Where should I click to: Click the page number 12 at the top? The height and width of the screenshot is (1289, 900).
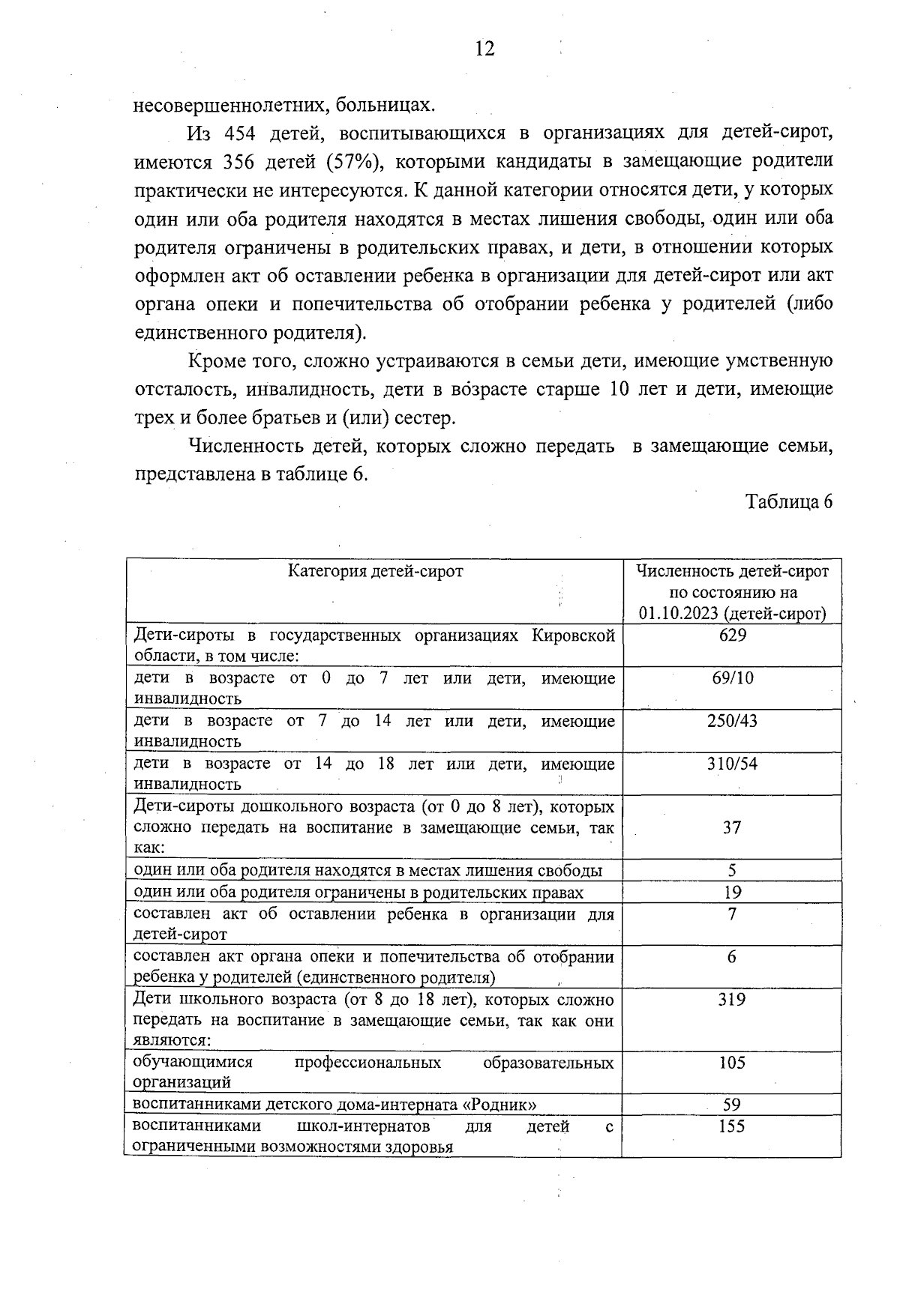pos(484,49)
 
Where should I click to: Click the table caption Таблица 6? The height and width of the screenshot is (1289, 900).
pos(789,502)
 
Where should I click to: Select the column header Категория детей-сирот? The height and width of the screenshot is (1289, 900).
pos(376,572)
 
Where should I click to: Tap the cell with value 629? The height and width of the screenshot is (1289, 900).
pos(732,636)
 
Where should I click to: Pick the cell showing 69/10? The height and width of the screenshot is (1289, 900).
pos(733,678)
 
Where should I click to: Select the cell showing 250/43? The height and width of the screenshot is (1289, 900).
pos(732,721)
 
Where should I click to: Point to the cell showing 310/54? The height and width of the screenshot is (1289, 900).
pos(732,764)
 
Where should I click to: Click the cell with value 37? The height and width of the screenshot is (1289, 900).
pos(732,827)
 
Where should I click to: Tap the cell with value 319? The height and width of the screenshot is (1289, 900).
pos(732,1000)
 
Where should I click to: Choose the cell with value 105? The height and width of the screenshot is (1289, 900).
pos(732,1063)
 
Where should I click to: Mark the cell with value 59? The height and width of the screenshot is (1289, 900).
pos(732,1105)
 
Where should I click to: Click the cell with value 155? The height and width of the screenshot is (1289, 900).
pos(732,1126)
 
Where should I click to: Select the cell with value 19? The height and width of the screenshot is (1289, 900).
pos(732,892)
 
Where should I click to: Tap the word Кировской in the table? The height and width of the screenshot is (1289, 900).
pos(573,636)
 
